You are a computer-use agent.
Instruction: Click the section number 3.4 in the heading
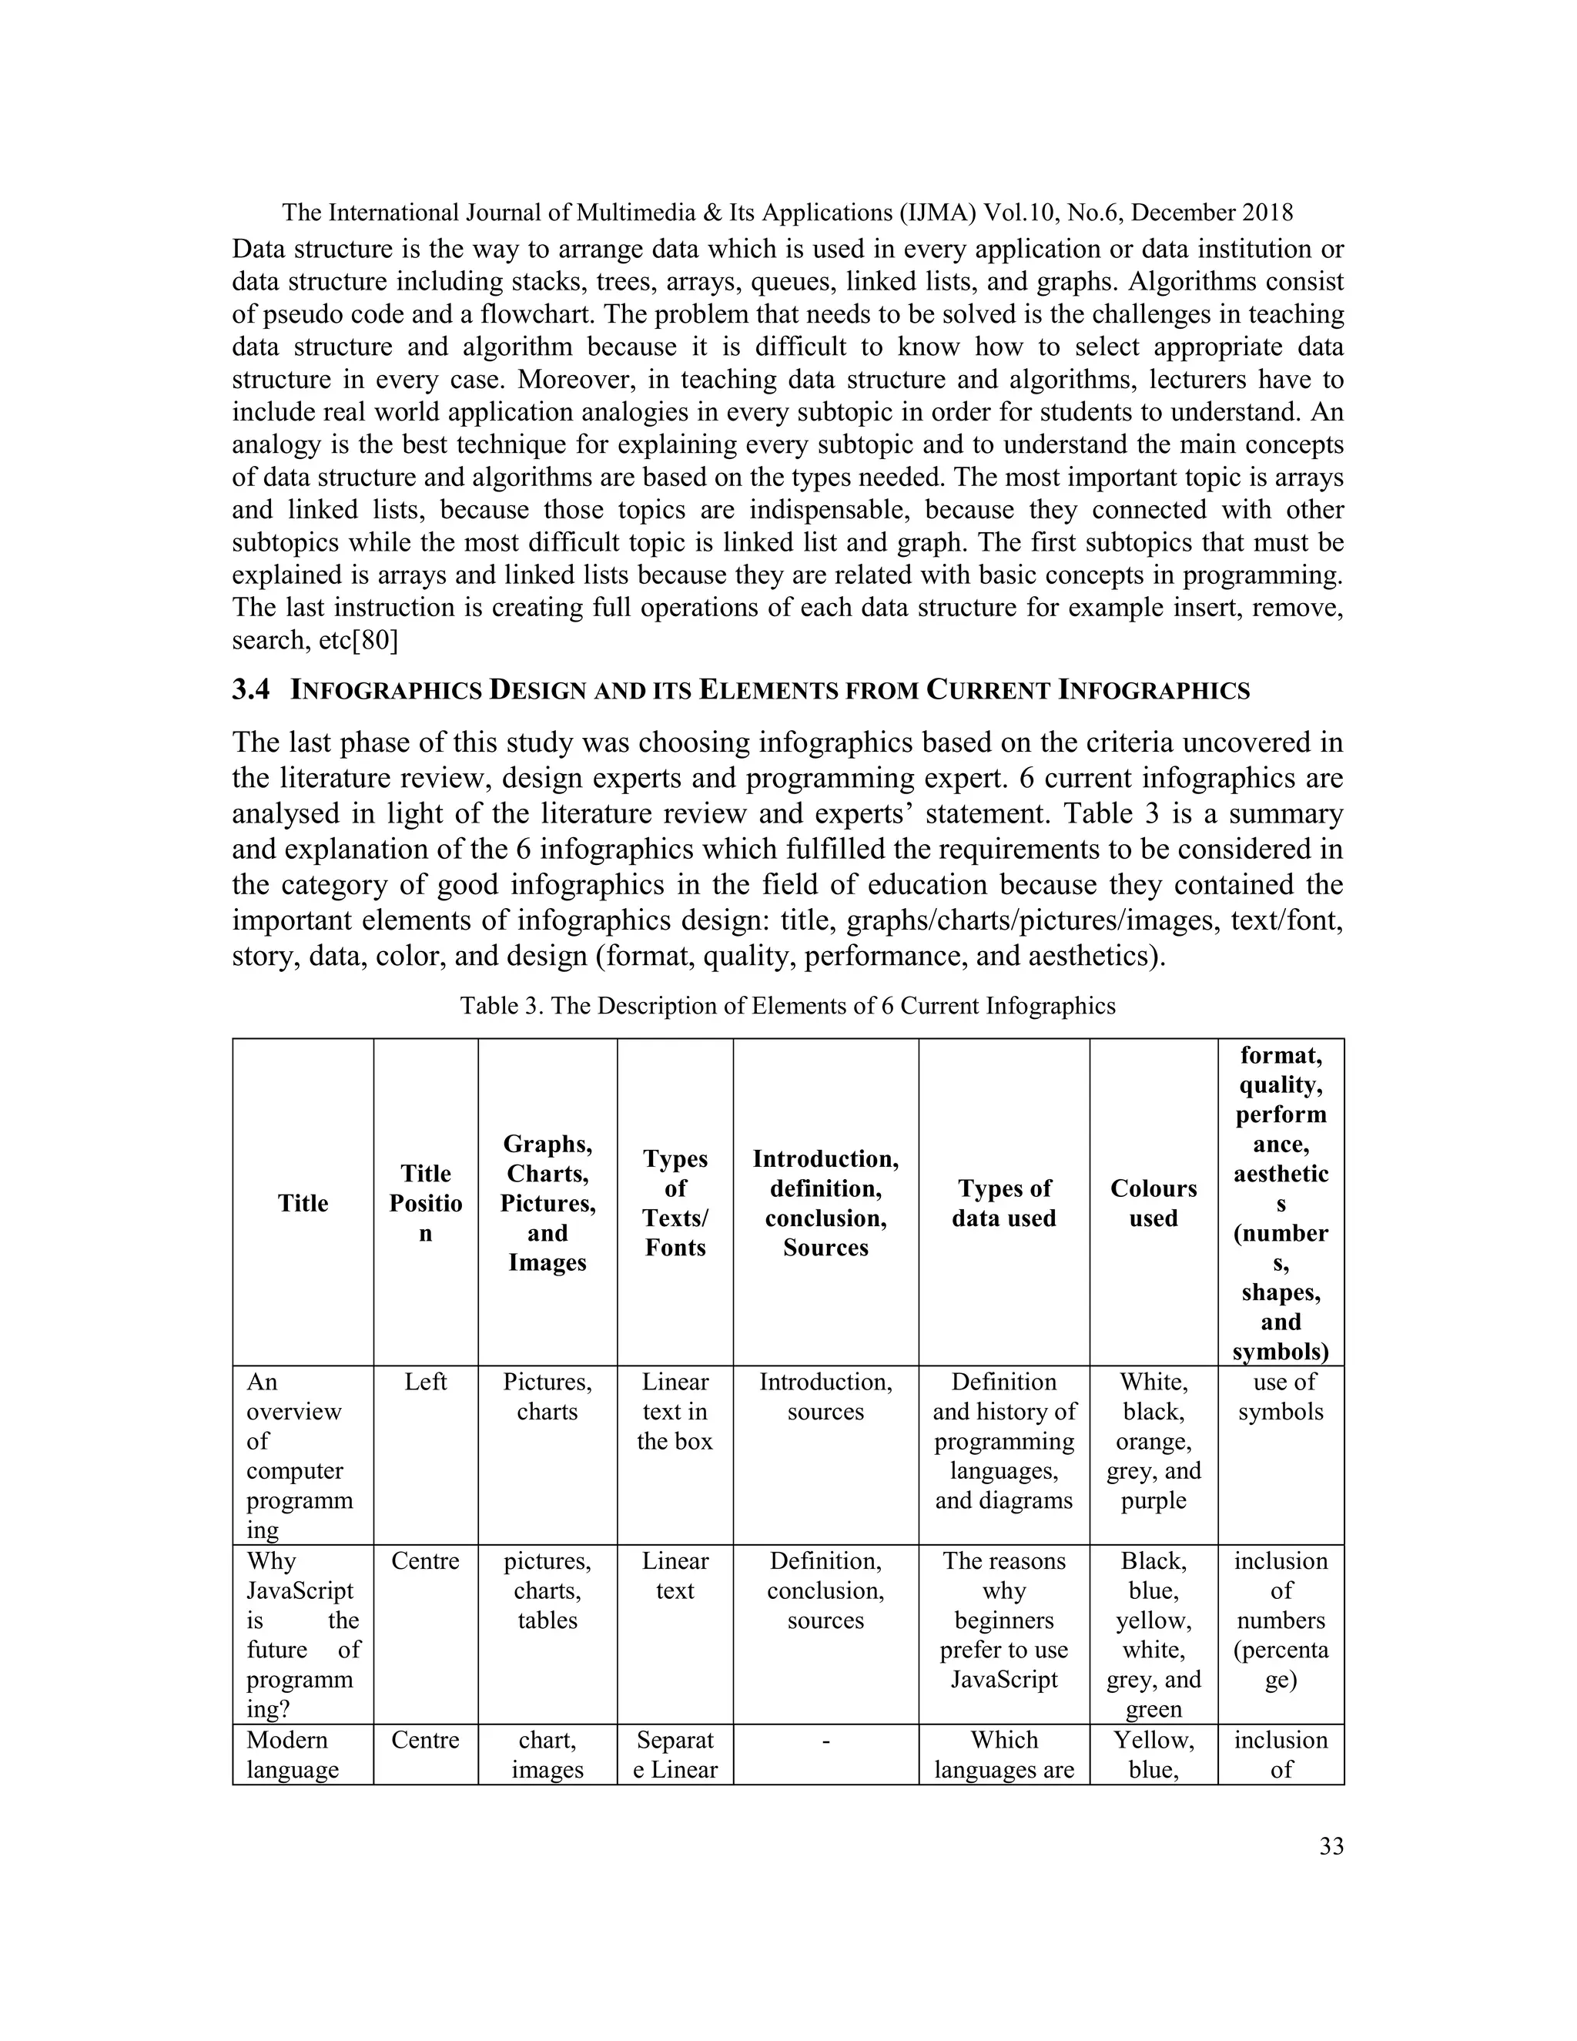[x=250, y=691]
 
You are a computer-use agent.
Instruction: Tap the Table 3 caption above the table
[x=788, y=1006]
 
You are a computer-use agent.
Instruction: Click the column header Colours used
[x=1153, y=1203]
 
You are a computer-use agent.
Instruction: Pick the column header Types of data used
[x=1003, y=1203]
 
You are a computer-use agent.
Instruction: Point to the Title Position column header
[x=425, y=1203]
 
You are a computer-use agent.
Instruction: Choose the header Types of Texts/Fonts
[x=675, y=1203]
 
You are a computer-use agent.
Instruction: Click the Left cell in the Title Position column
[x=425, y=1382]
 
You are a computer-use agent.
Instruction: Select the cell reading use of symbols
[x=1281, y=1396]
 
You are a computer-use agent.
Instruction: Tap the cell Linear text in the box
[x=675, y=1411]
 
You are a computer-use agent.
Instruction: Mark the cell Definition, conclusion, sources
[x=825, y=1590]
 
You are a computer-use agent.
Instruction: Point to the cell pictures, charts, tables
[x=547, y=1590]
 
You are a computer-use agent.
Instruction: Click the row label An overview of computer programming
[x=299, y=1455]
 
